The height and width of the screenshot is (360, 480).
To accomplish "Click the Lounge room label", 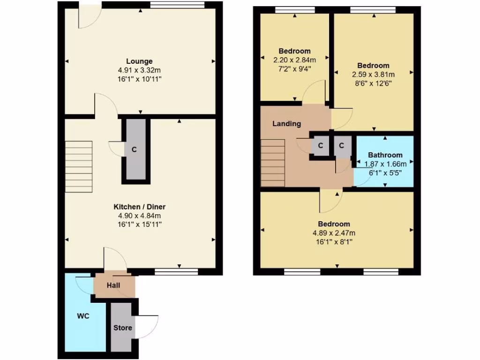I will tap(139, 61).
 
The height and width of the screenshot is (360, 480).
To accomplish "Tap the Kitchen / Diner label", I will tap(139, 207).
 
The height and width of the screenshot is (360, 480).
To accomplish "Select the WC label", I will tap(83, 316).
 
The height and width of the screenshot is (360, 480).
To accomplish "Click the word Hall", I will tap(113, 285).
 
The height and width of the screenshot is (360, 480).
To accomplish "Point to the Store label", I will tap(123, 328).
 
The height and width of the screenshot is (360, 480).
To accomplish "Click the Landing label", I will tap(286, 124).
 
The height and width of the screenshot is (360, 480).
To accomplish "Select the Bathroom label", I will tap(385, 155).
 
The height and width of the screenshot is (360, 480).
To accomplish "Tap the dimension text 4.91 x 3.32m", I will tap(139, 70).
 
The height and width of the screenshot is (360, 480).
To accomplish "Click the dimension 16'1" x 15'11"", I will tap(139, 224).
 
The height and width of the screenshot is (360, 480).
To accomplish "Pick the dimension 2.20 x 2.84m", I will tap(294, 60).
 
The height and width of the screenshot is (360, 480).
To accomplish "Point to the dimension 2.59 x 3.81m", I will tap(373, 75).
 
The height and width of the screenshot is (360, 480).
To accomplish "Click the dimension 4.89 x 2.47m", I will tap(334, 233).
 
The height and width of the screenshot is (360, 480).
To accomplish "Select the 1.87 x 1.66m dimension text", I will tap(385, 164).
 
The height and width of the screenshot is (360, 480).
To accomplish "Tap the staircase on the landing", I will tap(273, 162).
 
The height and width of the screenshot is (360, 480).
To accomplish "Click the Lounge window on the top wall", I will tap(178, 5).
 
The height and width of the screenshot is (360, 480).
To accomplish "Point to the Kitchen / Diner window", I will tap(176, 271).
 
